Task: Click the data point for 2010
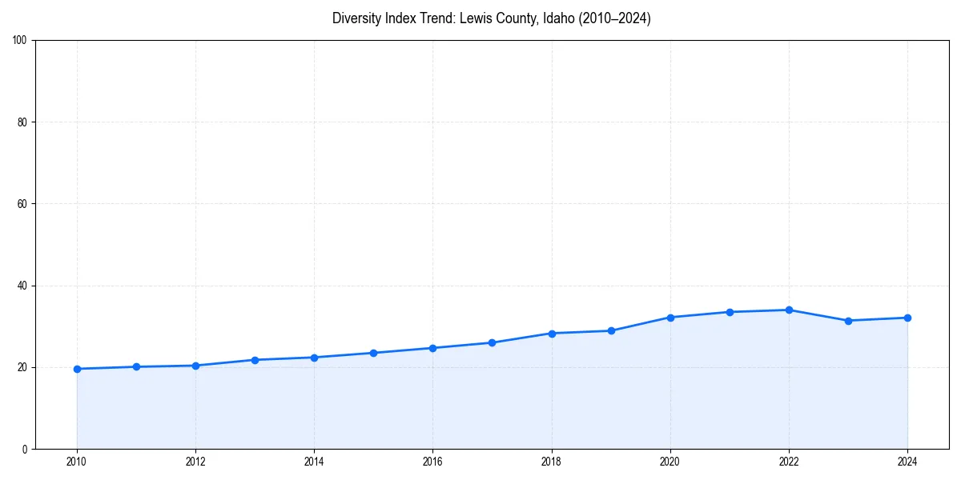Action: (x=77, y=369)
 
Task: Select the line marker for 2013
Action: (x=255, y=360)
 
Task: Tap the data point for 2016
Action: (x=432, y=348)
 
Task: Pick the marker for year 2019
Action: (x=611, y=330)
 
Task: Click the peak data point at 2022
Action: (x=789, y=310)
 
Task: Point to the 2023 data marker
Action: (x=848, y=321)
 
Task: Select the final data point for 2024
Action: (x=907, y=318)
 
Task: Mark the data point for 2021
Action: (x=730, y=312)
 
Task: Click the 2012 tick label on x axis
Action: (x=195, y=462)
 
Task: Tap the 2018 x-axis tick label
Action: (x=551, y=462)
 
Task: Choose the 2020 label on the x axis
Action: (x=670, y=462)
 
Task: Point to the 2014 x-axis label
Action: (x=314, y=462)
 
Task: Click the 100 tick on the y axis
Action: (x=20, y=41)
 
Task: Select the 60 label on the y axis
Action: (x=22, y=204)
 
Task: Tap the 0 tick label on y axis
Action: (x=25, y=449)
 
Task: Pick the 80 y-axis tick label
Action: (x=22, y=122)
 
